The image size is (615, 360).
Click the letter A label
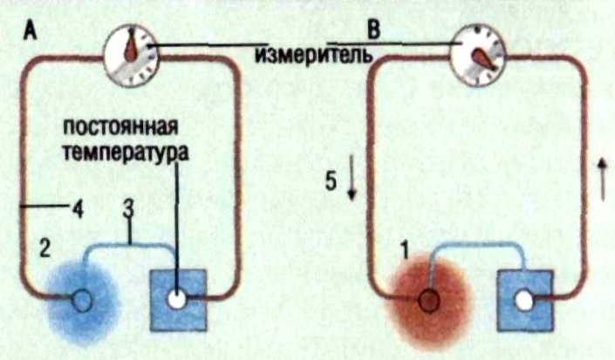[x=30, y=32]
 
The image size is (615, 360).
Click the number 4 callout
[x=79, y=208]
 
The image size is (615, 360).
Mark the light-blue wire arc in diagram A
[x=131, y=248]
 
